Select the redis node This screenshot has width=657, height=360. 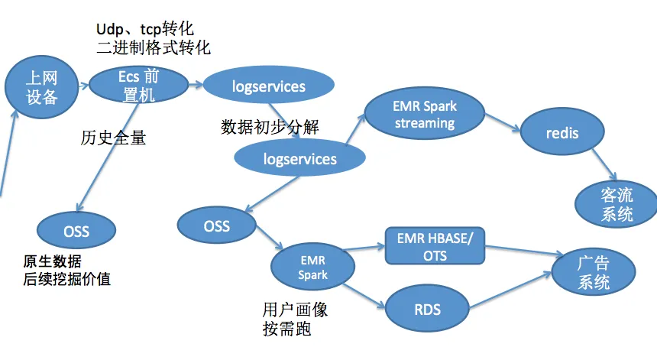562,133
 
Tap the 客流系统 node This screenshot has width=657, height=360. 616,203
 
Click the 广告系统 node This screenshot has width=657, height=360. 594,272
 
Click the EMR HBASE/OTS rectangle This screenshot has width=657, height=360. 435,246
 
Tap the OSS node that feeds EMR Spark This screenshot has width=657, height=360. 216,225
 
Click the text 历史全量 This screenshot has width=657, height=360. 112,138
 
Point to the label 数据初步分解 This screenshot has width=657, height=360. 270,127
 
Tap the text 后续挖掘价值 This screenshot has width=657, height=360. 67,279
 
